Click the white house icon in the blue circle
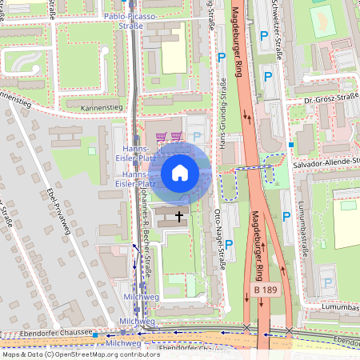(x=180, y=173)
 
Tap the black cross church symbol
(x=178, y=215)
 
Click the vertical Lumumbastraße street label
(x=304, y=231)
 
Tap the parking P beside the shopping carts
(x=197, y=137)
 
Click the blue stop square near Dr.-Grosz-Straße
(x=291, y=145)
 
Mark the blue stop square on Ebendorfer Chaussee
(x=94, y=334)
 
